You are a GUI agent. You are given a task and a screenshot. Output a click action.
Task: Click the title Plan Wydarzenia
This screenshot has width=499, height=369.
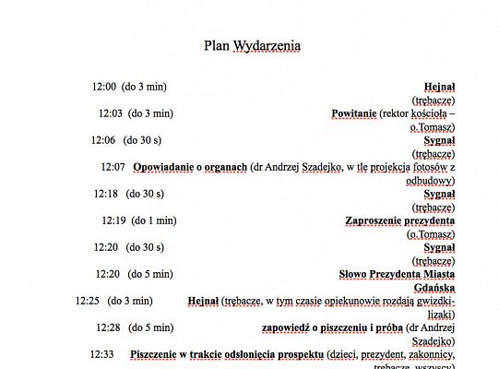(252, 45)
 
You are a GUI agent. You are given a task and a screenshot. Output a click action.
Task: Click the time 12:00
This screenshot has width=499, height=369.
(103, 87)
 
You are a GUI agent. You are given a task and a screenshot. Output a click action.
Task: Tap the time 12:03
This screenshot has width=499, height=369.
(111, 113)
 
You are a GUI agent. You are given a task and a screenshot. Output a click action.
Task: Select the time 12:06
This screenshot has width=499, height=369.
(102, 140)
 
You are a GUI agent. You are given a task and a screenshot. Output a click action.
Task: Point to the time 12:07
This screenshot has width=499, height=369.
(113, 167)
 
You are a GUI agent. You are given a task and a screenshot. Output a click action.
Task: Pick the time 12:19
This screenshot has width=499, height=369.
(113, 220)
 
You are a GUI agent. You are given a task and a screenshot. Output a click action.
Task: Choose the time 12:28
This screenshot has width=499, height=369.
(108, 327)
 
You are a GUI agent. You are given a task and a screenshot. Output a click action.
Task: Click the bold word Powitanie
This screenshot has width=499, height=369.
(353, 113)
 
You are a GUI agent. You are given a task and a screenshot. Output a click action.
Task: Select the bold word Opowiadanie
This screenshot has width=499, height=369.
(163, 167)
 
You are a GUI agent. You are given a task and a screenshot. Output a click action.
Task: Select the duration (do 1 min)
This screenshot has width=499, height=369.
(153, 220)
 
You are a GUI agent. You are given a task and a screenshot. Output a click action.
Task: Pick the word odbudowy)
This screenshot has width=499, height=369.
(432, 181)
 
